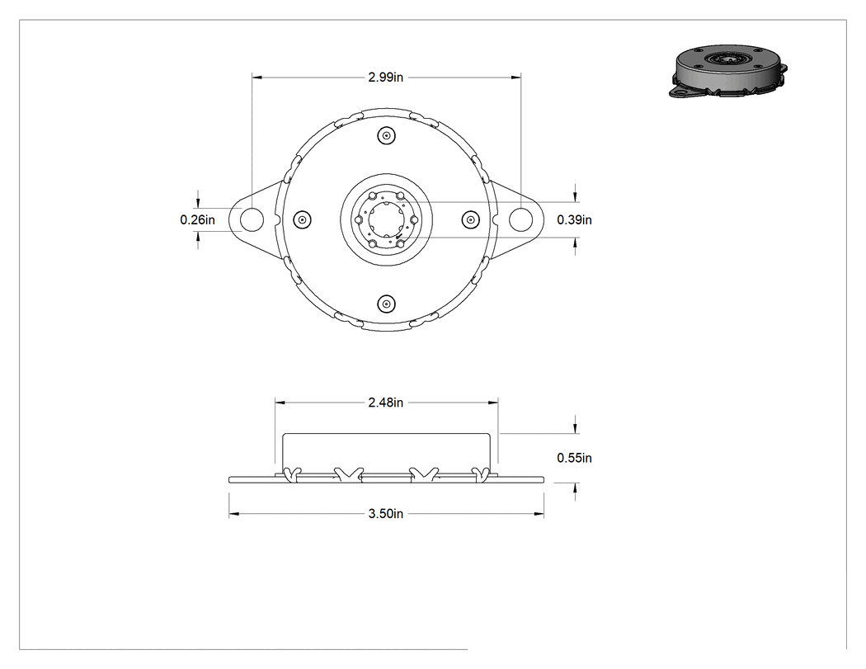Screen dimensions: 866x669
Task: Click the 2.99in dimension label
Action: [385, 78]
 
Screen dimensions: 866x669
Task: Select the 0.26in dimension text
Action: [198, 220]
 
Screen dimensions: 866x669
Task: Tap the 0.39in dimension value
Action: [574, 220]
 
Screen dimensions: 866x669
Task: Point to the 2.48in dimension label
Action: [385, 403]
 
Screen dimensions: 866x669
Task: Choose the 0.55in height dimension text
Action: [574, 458]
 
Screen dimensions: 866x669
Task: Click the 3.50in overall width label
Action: [385, 514]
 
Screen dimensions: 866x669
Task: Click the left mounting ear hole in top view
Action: [252, 219]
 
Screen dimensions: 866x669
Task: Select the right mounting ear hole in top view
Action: [520, 219]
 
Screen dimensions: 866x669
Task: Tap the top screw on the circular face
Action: [386, 136]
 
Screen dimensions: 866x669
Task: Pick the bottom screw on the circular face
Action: [386, 304]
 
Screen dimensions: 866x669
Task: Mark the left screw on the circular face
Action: [302, 220]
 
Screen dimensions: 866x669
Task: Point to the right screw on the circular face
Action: [470, 220]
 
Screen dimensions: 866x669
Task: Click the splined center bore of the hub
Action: [386, 220]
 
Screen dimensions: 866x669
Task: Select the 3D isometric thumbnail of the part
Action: [728, 72]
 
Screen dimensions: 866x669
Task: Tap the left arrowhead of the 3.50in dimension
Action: [234, 514]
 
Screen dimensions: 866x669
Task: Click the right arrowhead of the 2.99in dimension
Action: [515, 78]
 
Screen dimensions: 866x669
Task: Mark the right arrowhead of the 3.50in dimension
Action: [539, 514]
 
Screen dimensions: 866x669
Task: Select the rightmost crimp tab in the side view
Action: [481, 474]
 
